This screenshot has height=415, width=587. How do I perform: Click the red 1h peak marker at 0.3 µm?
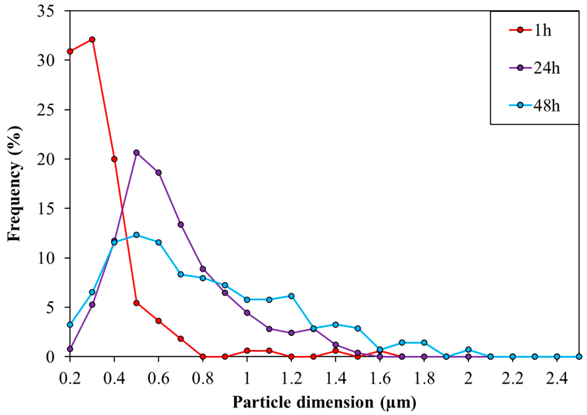click(92, 39)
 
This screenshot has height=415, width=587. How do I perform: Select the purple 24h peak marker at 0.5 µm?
click(136, 153)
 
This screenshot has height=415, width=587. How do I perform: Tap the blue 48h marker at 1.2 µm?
click(291, 296)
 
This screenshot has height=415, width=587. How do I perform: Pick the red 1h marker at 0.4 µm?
click(114, 159)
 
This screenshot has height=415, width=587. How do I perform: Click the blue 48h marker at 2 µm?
click(468, 350)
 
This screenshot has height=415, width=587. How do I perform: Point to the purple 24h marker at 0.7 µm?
click(181, 225)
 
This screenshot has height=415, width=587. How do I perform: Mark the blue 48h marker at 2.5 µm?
click(579, 357)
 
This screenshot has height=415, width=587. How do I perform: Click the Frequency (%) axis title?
click(15, 183)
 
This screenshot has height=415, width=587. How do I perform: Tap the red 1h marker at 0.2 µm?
click(70, 51)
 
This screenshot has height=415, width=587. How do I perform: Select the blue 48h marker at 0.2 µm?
click(70, 325)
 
